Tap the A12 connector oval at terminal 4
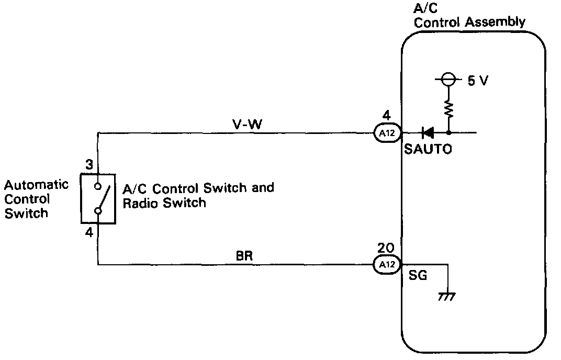(387, 133)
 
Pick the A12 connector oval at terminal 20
(387, 265)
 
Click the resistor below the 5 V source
(448, 108)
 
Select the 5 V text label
(478, 82)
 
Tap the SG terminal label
(417, 275)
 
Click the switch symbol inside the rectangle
(98, 199)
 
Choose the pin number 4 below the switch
(89, 232)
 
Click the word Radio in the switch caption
(141, 203)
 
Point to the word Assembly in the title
(494, 22)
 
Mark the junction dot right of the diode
(448, 133)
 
